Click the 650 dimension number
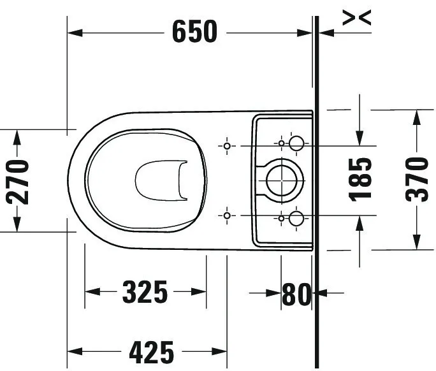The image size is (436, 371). [194, 31]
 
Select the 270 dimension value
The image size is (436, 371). [18, 181]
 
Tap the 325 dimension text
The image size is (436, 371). [145, 293]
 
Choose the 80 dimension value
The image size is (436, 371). [296, 294]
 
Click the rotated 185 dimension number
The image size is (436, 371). [361, 178]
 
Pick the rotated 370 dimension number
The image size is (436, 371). [418, 179]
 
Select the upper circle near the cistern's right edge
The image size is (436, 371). [297, 143]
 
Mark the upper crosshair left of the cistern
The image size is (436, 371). [227, 146]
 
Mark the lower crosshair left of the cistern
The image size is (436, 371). [227, 216]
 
